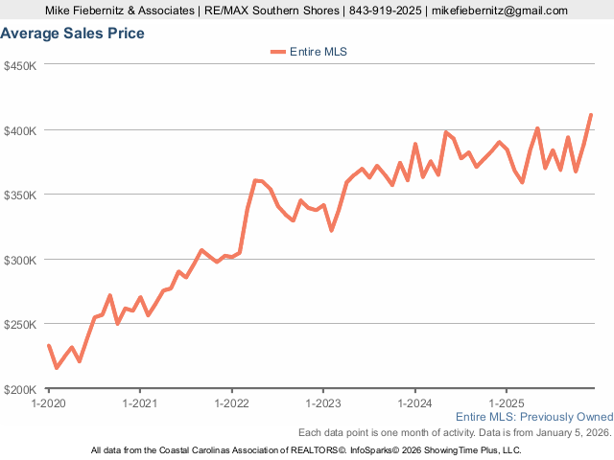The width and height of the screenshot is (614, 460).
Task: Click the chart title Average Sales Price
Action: [x=73, y=34]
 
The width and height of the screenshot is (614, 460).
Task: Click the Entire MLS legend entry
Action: [x=308, y=52]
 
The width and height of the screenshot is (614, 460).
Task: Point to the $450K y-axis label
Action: [x=20, y=66]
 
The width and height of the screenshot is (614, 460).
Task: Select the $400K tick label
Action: [x=20, y=130]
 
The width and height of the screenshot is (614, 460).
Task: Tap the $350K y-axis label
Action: [x=20, y=195]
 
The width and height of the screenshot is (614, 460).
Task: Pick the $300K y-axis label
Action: [x=20, y=260]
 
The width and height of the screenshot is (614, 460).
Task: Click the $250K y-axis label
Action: [x=20, y=325]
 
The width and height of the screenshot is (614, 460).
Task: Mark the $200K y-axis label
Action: [x=20, y=389]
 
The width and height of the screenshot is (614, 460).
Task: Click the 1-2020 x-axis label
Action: [x=49, y=403]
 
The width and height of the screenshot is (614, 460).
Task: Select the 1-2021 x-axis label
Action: [x=140, y=403]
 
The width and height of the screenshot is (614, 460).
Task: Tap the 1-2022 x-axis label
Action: [x=231, y=403]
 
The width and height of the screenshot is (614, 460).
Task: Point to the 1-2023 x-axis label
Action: [x=323, y=403]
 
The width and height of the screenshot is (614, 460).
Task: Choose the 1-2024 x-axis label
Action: [x=414, y=403]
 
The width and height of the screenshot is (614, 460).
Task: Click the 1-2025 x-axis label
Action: [x=506, y=403]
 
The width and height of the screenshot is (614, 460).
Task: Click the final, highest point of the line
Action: [x=591, y=115]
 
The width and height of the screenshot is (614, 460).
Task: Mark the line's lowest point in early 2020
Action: [x=57, y=367]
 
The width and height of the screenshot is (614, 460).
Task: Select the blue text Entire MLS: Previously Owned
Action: [x=533, y=417]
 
